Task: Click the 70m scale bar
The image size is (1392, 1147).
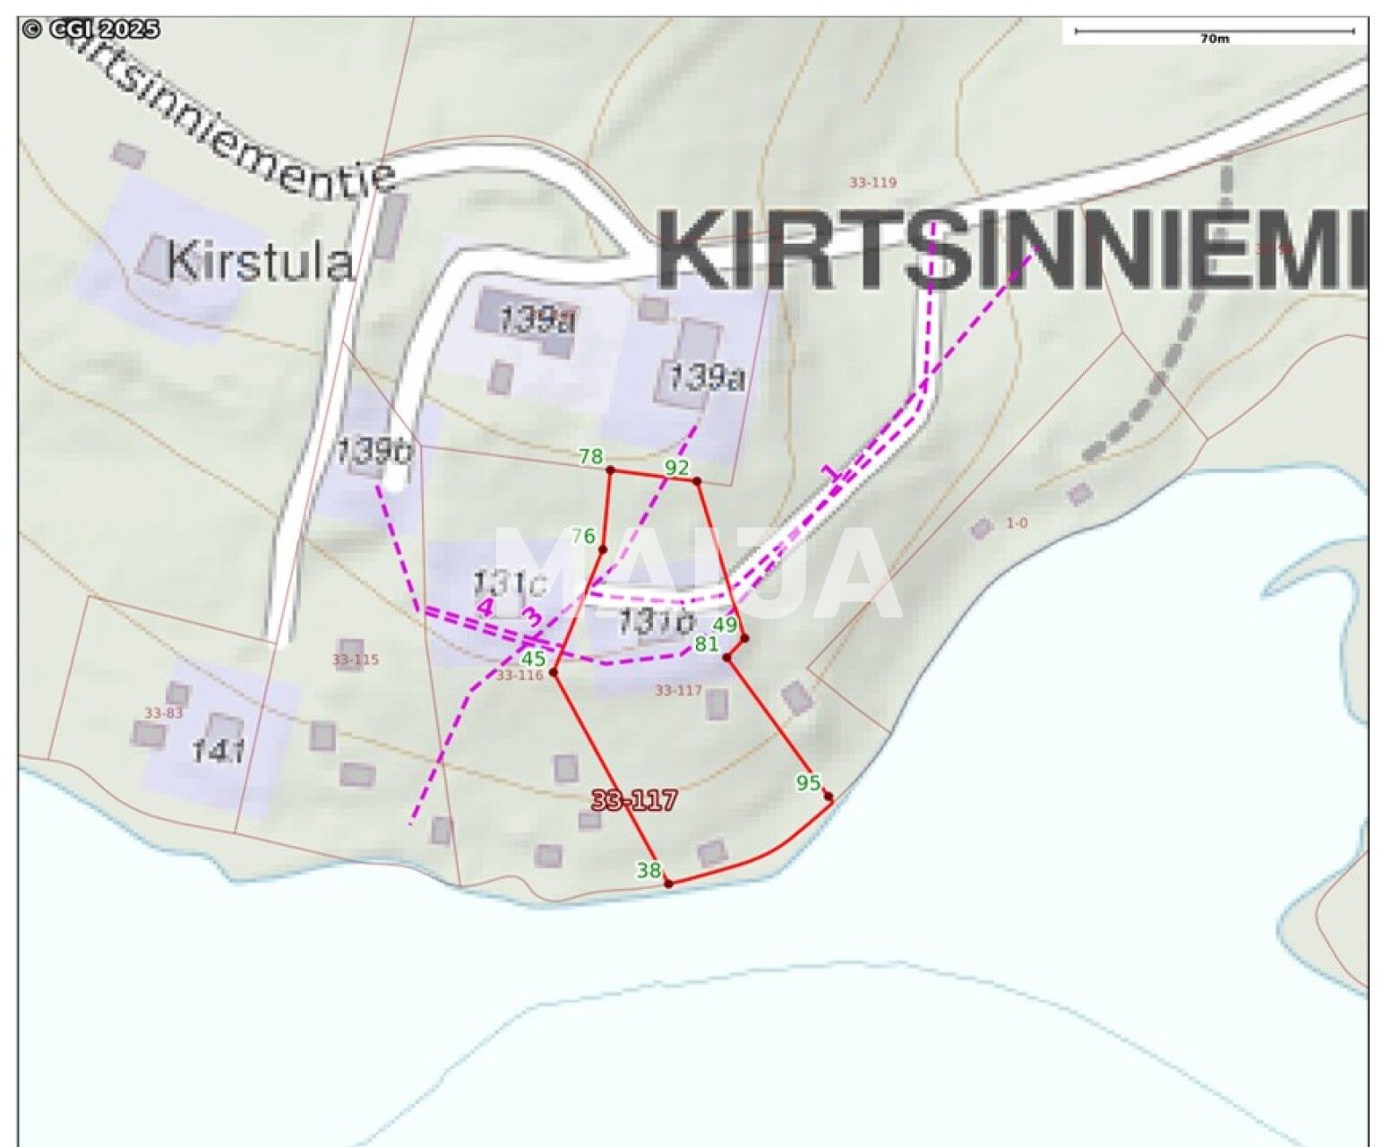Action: pyautogui.click(x=1214, y=32)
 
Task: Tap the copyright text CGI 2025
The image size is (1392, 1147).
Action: pyautogui.click(x=90, y=30)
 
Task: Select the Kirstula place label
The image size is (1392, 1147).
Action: pyautogui.click(x=259, y=262)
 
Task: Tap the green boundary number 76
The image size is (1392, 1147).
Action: pyautogui.click(x=583, y=536)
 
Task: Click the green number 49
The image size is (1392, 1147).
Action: pyautogui.click(x=725, y=624)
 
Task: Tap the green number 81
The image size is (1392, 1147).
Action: pyautogui.click(x=706, y=643)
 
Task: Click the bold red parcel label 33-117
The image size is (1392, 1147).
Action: pyautogui.click(x=633, y=800)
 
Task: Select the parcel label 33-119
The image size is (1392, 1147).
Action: pyautogui.click(x=872, y=183)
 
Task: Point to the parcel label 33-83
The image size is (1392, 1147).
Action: pyautogui.click(x=163, y=713)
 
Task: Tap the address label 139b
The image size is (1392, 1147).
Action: pyautogui.click(x=373, y=451)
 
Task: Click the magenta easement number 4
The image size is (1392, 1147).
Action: pyautogui.click(x=485, y=607)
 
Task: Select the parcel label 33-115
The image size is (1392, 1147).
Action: pyautogui.click(x=356, y=660)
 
